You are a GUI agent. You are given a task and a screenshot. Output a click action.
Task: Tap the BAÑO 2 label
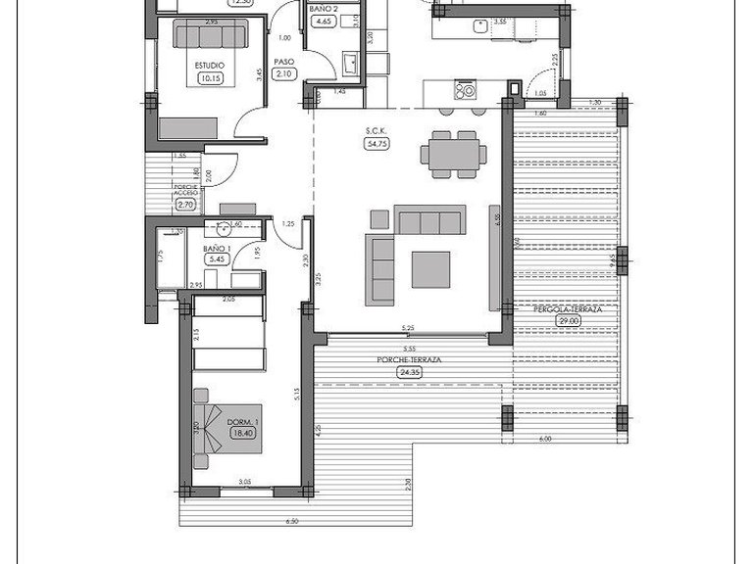point(323,8)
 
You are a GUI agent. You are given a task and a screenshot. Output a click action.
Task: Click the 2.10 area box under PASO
point(285,73)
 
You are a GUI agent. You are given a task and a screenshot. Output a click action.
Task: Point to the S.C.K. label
point(375,131)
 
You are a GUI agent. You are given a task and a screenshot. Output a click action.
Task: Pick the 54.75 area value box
point(375,143)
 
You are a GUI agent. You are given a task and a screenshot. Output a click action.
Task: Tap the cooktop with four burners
point(465,91)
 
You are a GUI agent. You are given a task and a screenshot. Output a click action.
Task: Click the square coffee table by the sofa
point(430,269)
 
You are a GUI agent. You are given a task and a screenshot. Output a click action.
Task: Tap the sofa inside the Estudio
point(211,36)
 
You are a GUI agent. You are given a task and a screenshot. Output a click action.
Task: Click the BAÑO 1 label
point(217,250)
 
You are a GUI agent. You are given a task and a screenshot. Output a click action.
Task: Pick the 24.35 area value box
point(409,372)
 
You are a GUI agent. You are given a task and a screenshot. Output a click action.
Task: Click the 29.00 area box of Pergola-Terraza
point(564,320)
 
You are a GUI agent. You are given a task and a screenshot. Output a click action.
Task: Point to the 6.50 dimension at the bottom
point(291,522)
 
